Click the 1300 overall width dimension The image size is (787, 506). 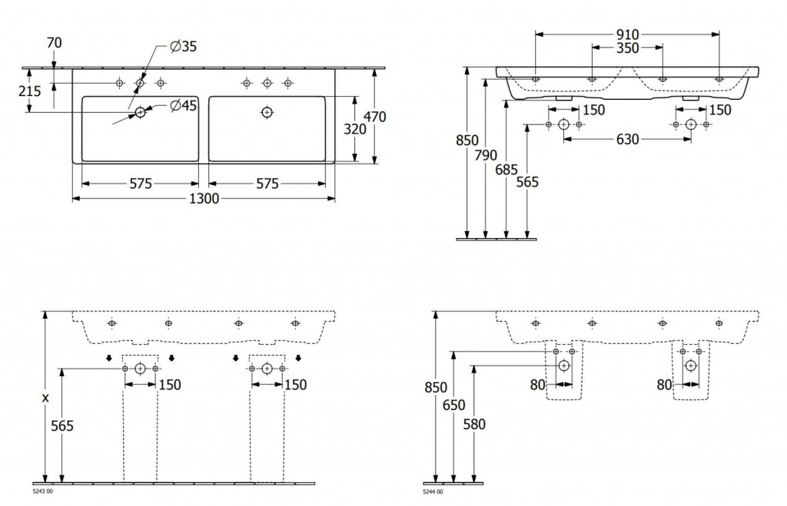click(x=204, y=199)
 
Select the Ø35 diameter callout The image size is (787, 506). click(x=183, y=47)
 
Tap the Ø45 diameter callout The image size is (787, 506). click(x=183, y=106)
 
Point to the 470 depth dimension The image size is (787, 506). click(x=375, y=117)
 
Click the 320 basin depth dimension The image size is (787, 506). click(x=355, y=130)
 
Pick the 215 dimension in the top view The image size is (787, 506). click(x=30, y=91)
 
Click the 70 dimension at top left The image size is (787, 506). click(x=55, y=43)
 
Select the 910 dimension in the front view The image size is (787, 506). click(x=627, y=35)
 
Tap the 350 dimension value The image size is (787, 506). click(x=627, y=48)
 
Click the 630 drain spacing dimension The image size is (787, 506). click(x=627, y=140)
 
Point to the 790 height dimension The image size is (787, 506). click(x=486, y=155)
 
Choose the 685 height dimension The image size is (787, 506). click(x=506, y=170)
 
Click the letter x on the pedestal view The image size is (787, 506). click(x=45, y=399)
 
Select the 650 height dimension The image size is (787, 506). click(x=454, y=405)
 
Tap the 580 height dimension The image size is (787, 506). click(x=474, y=425)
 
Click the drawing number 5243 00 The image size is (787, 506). click(x=42, y=491)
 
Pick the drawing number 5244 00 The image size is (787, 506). click(x=433, y=492)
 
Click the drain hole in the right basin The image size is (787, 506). click(x=267, y=112)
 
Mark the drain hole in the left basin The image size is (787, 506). click(x=140, y=112)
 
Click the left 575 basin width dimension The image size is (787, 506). click(x=141, y=184)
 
